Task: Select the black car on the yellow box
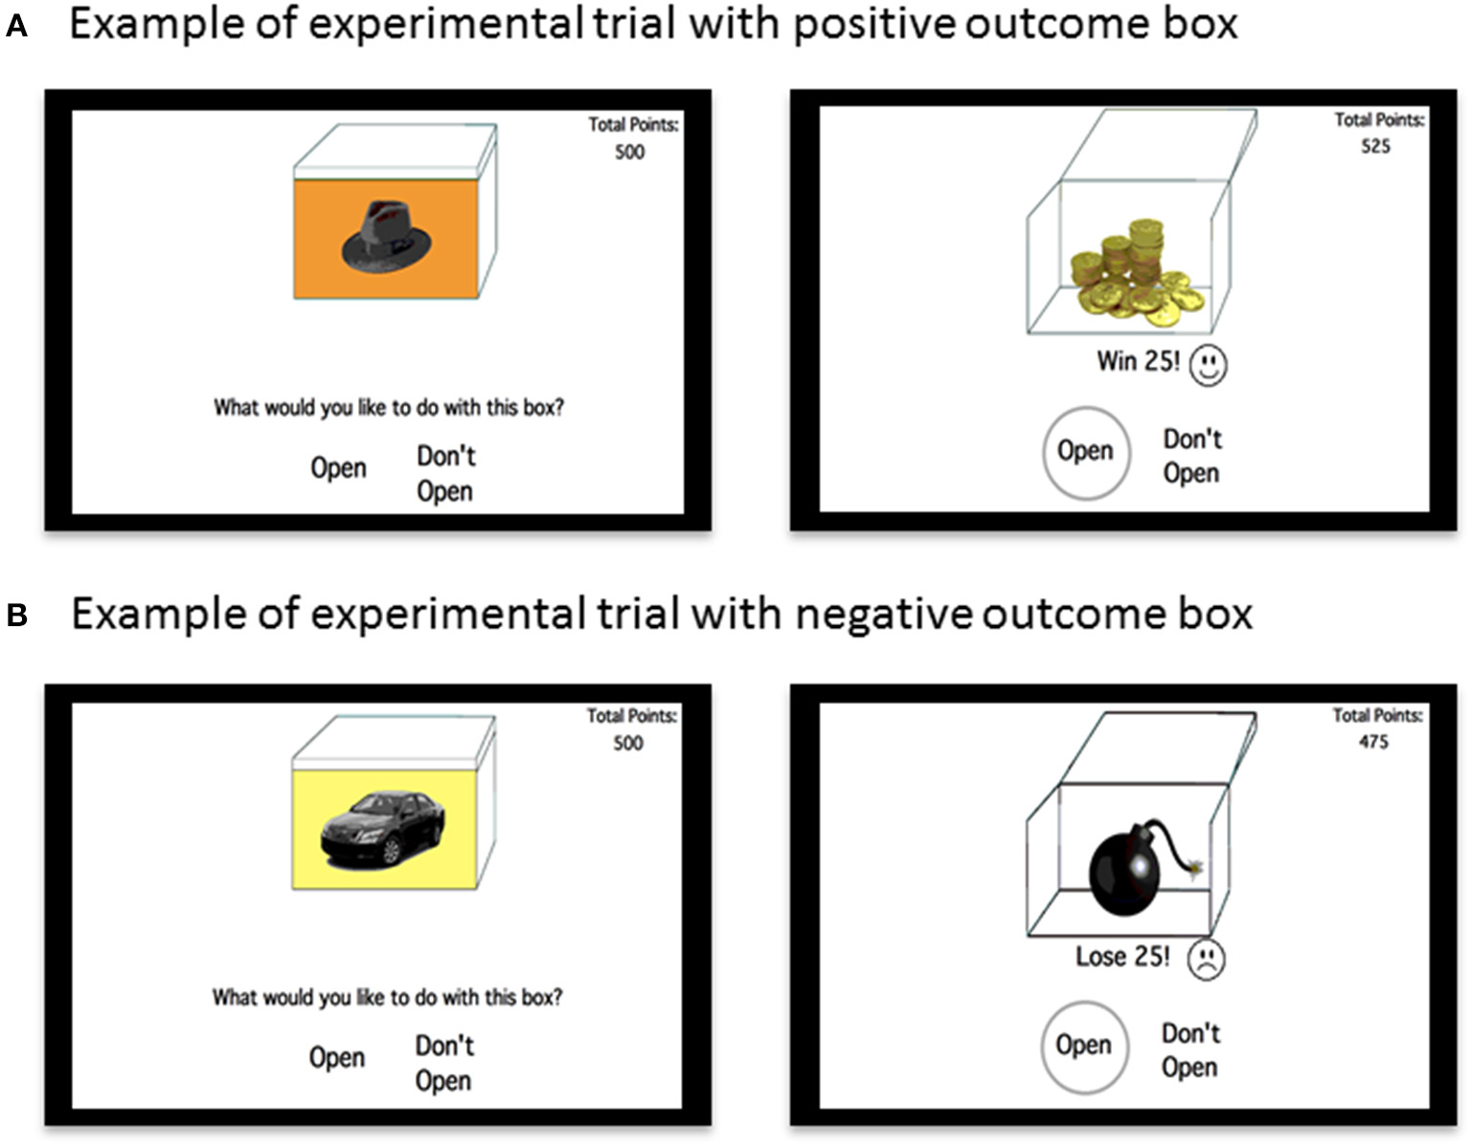pos(382,827)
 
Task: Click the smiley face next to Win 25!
pos(1208,365)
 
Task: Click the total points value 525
pos(1375,146)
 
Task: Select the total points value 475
pos(1373,742)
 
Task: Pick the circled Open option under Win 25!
pos(1085,452)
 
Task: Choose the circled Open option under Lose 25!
pos(1083,1046)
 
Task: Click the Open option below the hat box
pos(338,468)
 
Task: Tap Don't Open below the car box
pos(443,1063)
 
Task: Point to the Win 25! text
pos(1138,361)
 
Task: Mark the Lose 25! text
pos(1121,956)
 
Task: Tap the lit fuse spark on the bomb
pos(1194,867)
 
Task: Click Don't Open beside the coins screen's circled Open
pos(1191,456)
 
